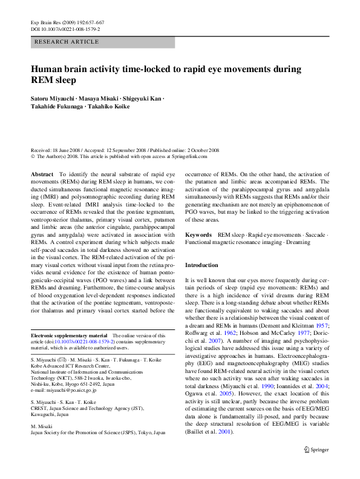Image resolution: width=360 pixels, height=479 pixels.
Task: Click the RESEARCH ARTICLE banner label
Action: [x=67, y=42]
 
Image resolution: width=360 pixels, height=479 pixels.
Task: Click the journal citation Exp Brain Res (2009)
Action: [x=57, y=22]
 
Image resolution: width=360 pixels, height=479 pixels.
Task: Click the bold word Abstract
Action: [x=41, y=174]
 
